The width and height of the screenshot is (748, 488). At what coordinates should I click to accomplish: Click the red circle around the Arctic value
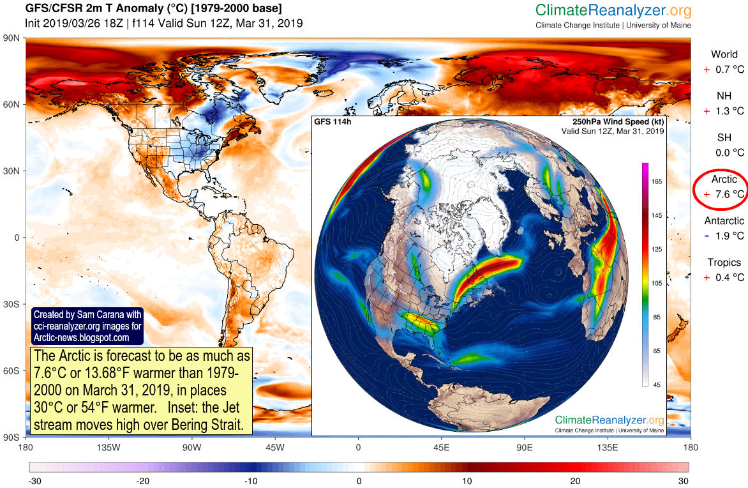719,189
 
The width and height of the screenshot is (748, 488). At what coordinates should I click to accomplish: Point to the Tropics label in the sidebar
724,263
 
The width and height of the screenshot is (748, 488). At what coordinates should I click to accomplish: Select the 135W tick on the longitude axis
108,448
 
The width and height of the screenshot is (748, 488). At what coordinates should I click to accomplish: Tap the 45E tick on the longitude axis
441,448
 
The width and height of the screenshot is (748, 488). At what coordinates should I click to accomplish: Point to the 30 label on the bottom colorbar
684,480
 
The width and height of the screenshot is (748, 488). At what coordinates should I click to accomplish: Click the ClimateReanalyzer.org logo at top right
613,11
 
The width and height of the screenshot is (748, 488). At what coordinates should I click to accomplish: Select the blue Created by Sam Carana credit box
87,326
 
